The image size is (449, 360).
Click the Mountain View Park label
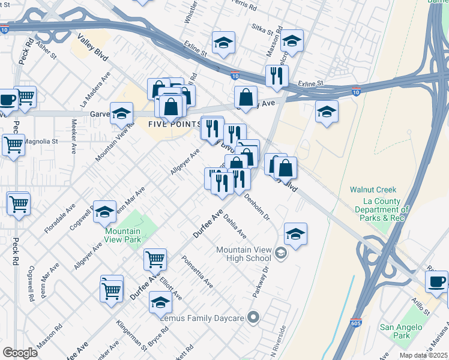coord(122,235)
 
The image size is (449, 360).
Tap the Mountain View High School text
coord(244,254)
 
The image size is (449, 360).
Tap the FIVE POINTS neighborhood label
coord(174,124)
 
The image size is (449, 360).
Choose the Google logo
coord(20,353)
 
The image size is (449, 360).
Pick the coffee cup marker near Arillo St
coord(436,281)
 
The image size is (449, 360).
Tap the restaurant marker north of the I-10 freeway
coord(277,76)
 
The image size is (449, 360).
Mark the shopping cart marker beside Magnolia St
coord(13,143)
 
